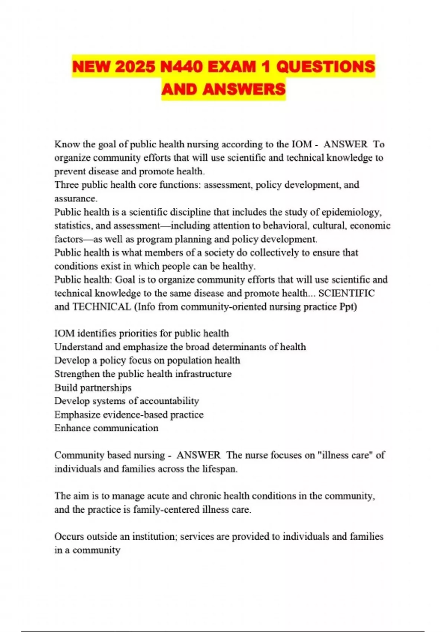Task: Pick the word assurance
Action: point(75,199)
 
